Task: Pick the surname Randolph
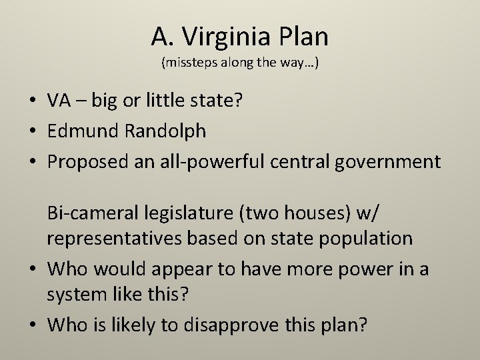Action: tap(166, 131)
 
